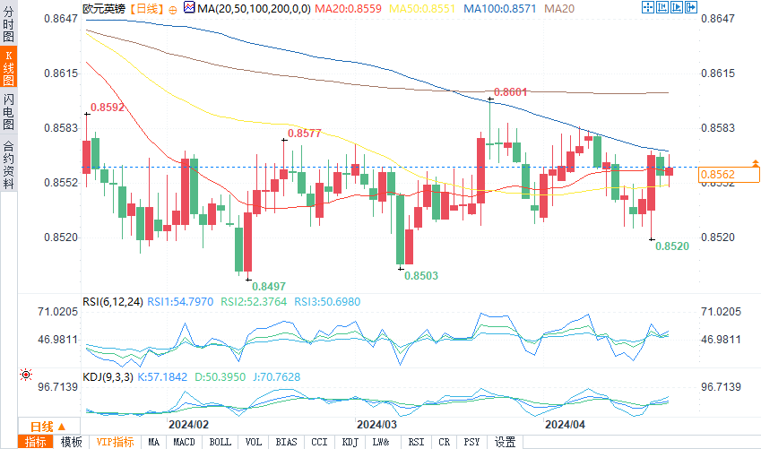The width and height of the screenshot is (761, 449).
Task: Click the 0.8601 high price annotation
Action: (x=510, y=92)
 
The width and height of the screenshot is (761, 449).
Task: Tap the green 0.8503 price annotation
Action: (x=420, y=276)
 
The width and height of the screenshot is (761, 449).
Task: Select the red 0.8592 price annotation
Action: (x=107, y=108)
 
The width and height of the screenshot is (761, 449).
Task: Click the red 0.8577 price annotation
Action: (x=304, y=134)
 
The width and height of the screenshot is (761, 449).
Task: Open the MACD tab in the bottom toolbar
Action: (x=184, y=442)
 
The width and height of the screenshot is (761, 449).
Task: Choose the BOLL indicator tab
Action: (x=220, y=442)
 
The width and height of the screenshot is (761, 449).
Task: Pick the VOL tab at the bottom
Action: (x=254, y=442)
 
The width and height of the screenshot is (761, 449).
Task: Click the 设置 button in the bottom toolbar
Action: (x=505, y=442)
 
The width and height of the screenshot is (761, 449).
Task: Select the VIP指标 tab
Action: (x=115, y=442)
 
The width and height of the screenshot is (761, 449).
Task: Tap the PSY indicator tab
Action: (x=471, y=442)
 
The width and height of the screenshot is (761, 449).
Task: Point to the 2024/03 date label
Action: (x=377, y=424)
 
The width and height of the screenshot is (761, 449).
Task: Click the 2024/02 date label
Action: (x=188, y=424)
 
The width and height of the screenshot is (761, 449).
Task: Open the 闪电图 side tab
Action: (x=8, y=111)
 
